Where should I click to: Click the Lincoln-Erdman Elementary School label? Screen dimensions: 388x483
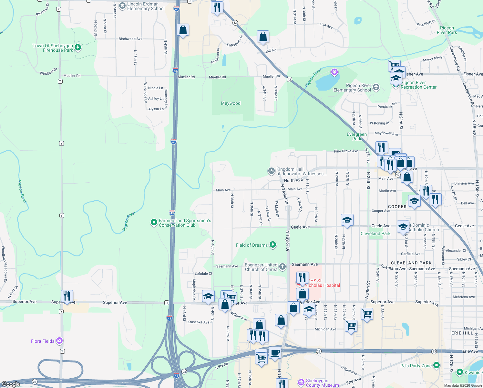tap(146, 6)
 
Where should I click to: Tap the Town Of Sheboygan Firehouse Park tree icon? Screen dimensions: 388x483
tap(78, 48)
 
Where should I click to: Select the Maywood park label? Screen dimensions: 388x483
tap(231, 103)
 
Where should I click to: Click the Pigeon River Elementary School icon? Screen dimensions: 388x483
tap(376, 87)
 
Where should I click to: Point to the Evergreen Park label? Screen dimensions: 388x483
tap(357, 136)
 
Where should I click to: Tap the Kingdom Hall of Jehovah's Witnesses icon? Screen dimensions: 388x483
tap(271, 170)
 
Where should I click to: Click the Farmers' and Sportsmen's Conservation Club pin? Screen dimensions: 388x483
tap(154, 222)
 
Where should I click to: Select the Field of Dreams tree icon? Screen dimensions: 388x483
tap(273, 245)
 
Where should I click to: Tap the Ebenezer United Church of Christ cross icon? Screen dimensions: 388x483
tap(283, 267)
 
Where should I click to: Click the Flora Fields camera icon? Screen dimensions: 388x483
tap(59, 341)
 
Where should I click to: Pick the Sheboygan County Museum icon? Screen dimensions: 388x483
tap(301, 383)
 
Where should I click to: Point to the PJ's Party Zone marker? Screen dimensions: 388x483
tap(437, 365)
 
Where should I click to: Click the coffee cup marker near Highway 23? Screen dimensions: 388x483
tap(275, 352)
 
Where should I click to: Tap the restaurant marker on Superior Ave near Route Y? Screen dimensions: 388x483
tap(67, 296)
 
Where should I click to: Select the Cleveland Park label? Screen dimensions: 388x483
tap(375, 233)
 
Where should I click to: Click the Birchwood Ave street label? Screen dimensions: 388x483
tap(130, 39)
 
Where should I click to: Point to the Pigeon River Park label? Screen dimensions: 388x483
tap(447, 30)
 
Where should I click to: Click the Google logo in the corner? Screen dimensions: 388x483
tap(11, 384)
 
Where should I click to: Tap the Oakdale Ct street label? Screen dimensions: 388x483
tap(203, 274)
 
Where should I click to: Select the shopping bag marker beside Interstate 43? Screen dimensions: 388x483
tap(183, 30)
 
